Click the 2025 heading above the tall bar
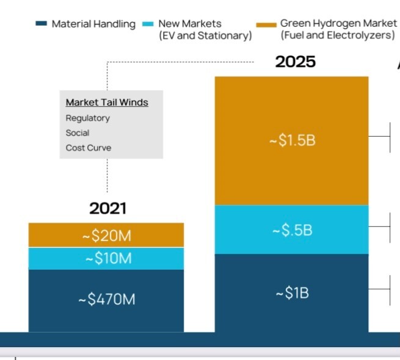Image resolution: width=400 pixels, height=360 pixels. tap(295, 62)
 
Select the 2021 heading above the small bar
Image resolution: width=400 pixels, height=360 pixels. tap(107, 208)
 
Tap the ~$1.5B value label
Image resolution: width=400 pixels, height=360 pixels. tap(292, 140)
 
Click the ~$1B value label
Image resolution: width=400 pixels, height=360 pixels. tap(292, 293)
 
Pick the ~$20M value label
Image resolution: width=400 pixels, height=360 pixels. tap(107, 236)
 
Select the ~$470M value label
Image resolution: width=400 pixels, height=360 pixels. tap(106, 300)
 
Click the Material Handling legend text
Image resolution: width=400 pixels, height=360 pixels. tap(93, 24)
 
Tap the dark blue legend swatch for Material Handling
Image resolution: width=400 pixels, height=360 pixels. tap(42, 24)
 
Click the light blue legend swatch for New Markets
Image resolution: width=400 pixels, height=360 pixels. tap(148, 24)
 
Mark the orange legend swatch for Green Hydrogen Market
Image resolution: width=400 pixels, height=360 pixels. tap(266, 24)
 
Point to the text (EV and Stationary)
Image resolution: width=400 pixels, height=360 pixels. tap(205, 36)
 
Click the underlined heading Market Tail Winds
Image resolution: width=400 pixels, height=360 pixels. tap(107, 103)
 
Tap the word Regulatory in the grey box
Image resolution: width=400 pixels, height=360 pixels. tap(87, 118)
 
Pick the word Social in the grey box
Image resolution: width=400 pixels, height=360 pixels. tap(78, 132)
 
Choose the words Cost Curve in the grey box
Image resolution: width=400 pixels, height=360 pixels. tap(89, 148)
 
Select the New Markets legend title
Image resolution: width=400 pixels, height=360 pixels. tap(190, 24)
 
